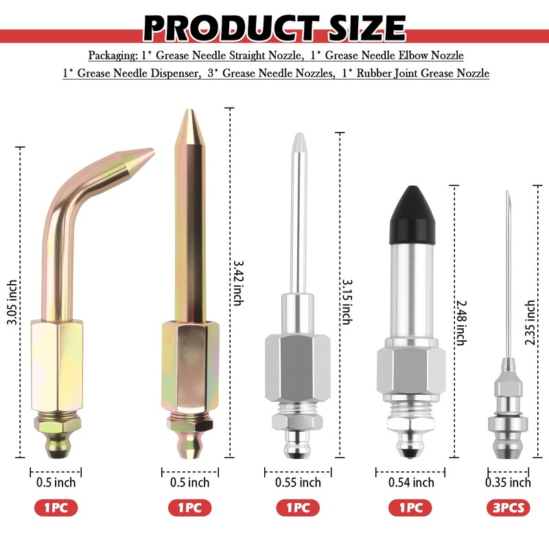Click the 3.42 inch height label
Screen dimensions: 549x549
tap(238, 283)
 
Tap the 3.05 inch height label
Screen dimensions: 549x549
tap(12, 302)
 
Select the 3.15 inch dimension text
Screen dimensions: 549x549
tap(347, 302)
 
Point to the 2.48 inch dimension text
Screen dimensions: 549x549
tap(461, 323)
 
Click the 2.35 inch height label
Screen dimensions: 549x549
tap(530, 323)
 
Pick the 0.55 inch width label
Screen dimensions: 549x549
tap(298, 482)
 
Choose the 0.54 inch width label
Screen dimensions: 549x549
tap(411, 482)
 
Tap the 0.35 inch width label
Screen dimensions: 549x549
tap(508, 482)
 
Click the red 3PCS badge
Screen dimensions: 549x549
tap(509, 508)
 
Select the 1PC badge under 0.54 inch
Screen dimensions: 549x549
tap(410, 508)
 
